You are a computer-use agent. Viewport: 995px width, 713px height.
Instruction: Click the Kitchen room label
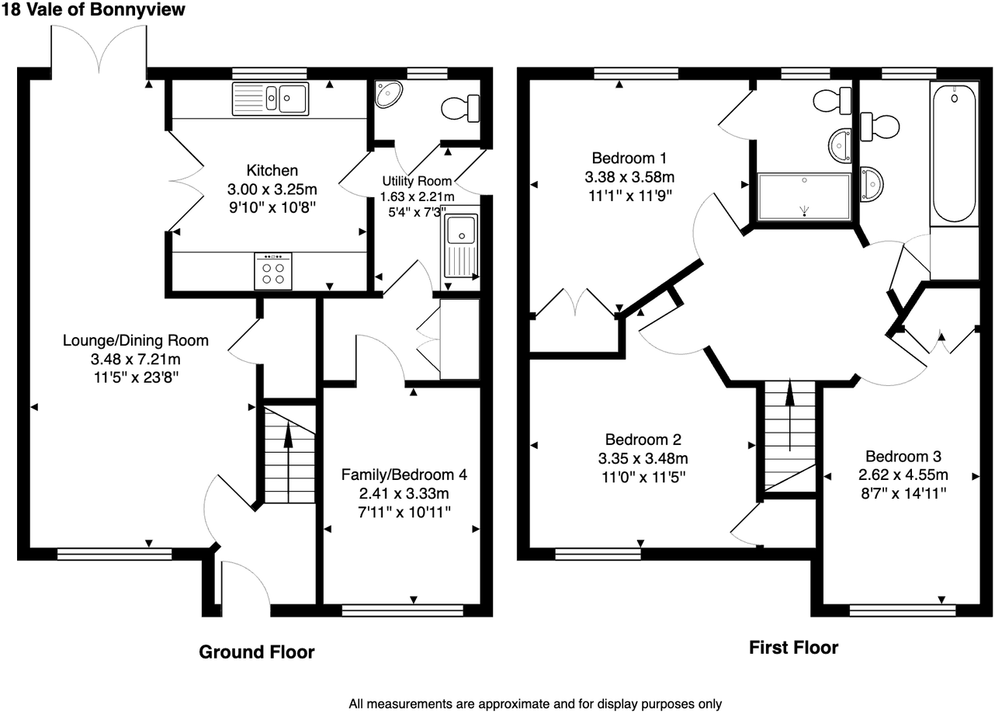272,170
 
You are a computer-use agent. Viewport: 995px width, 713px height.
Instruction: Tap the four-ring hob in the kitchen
273,271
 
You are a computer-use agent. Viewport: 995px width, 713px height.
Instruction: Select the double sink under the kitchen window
271,99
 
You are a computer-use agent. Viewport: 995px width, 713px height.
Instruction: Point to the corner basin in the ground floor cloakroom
387,94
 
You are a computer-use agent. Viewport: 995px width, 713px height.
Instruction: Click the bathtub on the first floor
954,153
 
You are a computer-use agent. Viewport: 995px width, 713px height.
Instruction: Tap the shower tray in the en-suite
804,197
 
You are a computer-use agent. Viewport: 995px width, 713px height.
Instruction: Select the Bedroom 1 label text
629,158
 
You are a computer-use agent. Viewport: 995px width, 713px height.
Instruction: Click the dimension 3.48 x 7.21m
136,359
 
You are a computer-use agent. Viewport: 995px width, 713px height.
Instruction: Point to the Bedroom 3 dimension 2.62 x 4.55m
903,475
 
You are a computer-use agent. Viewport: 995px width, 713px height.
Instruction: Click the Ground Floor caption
257,652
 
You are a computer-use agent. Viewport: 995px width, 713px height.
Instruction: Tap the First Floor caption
794,648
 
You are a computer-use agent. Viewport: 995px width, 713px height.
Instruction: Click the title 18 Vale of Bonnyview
93,9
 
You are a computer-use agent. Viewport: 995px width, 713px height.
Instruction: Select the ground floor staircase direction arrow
288,462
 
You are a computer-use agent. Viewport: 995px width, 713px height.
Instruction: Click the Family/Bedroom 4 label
404,475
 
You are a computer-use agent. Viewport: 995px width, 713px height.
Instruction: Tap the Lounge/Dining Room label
136,340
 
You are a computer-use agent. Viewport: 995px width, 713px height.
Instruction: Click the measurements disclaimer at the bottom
536,704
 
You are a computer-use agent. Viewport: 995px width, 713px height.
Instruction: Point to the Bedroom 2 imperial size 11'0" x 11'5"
643,477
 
